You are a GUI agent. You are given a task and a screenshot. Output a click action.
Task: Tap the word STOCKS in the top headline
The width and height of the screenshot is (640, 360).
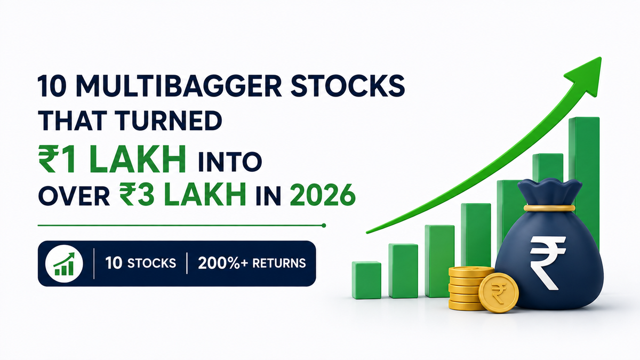(x=348, y=86)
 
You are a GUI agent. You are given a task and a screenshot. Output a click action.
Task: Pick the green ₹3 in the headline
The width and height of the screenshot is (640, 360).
(x=138, y=195)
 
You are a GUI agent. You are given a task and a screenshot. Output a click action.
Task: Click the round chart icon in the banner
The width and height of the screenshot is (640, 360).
(x=64, y=263)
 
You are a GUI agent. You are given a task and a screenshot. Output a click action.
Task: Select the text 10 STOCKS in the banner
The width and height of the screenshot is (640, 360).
(x=141, y=263)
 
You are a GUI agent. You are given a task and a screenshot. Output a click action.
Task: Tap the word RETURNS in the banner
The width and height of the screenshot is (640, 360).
(x=279, y=263)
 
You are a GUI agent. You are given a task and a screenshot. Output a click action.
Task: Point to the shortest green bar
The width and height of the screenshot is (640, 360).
(x=366, y=280)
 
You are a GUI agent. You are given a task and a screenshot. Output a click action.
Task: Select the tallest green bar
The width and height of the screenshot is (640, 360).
(x=583, y=183)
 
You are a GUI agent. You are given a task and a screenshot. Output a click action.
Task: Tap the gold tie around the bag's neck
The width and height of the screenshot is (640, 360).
(x=549, y=208)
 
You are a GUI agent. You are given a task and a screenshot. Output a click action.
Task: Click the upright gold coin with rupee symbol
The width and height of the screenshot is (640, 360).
(x=499, y=293)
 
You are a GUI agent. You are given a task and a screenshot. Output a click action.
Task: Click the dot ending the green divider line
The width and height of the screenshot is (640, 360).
(x=324, y=226)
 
